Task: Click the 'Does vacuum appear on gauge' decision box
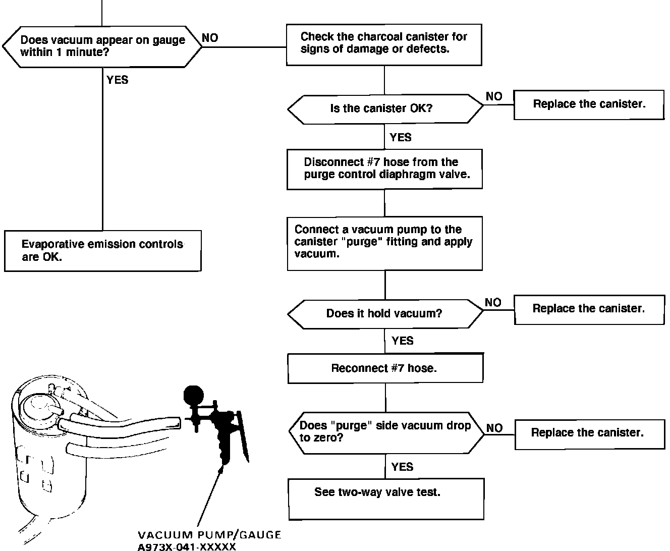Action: (102, 46)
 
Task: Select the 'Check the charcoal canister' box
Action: (384, 44)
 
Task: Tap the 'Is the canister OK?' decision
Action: (385, 109)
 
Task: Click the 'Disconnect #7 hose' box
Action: (384, 169)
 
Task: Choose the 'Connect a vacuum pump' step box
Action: (384, 243)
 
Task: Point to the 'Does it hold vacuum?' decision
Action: (385, 313)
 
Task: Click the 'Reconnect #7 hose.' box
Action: (385, 368)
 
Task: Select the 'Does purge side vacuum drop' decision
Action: (386, 432)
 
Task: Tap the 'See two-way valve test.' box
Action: (386, 499)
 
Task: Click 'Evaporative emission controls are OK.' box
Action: (102, 251)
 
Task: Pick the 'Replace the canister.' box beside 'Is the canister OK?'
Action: (589, 104)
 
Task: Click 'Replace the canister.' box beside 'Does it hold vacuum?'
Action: (589, 309)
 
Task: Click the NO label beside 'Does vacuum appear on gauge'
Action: (210, 38)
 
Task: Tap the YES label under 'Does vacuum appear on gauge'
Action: (118, 80)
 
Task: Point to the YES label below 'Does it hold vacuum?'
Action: (402, 341)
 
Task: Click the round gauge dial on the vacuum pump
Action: (192, 394)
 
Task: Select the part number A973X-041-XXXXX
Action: (187, 546)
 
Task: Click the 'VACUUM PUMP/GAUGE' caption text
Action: (209, 535)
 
